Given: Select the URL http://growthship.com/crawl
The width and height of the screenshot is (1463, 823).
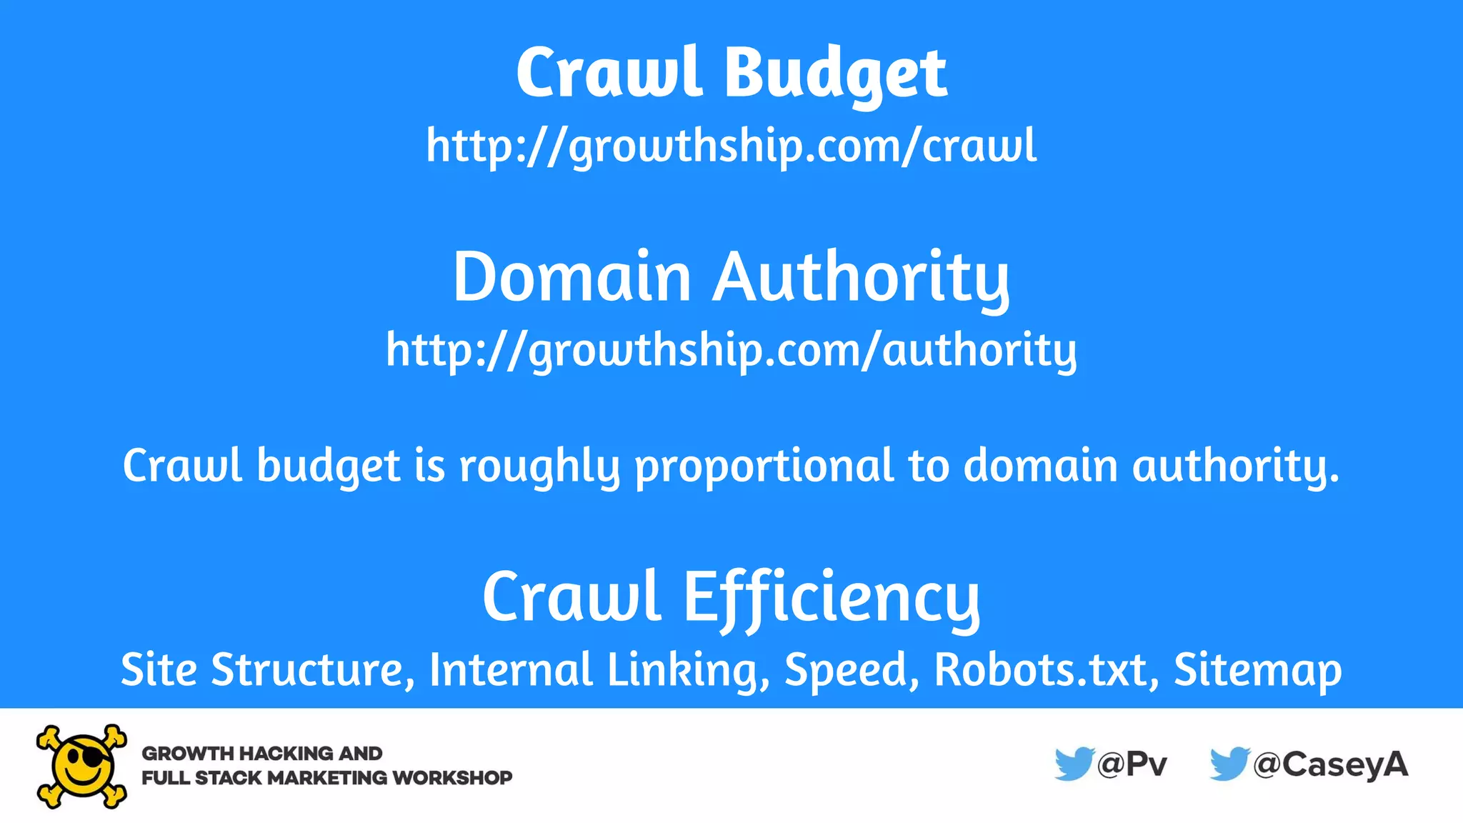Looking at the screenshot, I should click(x=731, y=146).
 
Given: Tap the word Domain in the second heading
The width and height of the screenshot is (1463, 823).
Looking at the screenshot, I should click(x=571, y=277).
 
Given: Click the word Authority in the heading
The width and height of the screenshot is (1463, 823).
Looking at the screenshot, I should click(x=861, y=279).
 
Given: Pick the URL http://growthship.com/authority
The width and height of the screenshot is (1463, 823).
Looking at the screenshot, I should click(x=731, y=350).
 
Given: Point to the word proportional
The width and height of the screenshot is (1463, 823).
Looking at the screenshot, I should click(x=764, y=467).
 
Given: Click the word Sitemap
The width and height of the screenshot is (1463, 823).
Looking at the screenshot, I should click(x=1257, y=669).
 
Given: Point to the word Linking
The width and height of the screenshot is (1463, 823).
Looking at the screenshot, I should click(x=688, y=669).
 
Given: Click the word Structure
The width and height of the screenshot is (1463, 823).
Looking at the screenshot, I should click(x=313, y=669).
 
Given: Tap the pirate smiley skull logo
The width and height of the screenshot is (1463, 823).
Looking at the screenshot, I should click(x=81, y=766).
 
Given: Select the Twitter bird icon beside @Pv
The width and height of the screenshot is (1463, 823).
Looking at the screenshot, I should click(x=1074, y=764).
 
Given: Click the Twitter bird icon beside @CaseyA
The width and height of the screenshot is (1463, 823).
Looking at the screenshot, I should click(x=1229, y=764).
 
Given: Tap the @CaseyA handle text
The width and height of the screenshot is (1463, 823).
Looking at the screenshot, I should click(x=1330, y=764).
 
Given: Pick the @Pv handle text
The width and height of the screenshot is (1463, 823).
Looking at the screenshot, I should click(x=1132, y=764).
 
